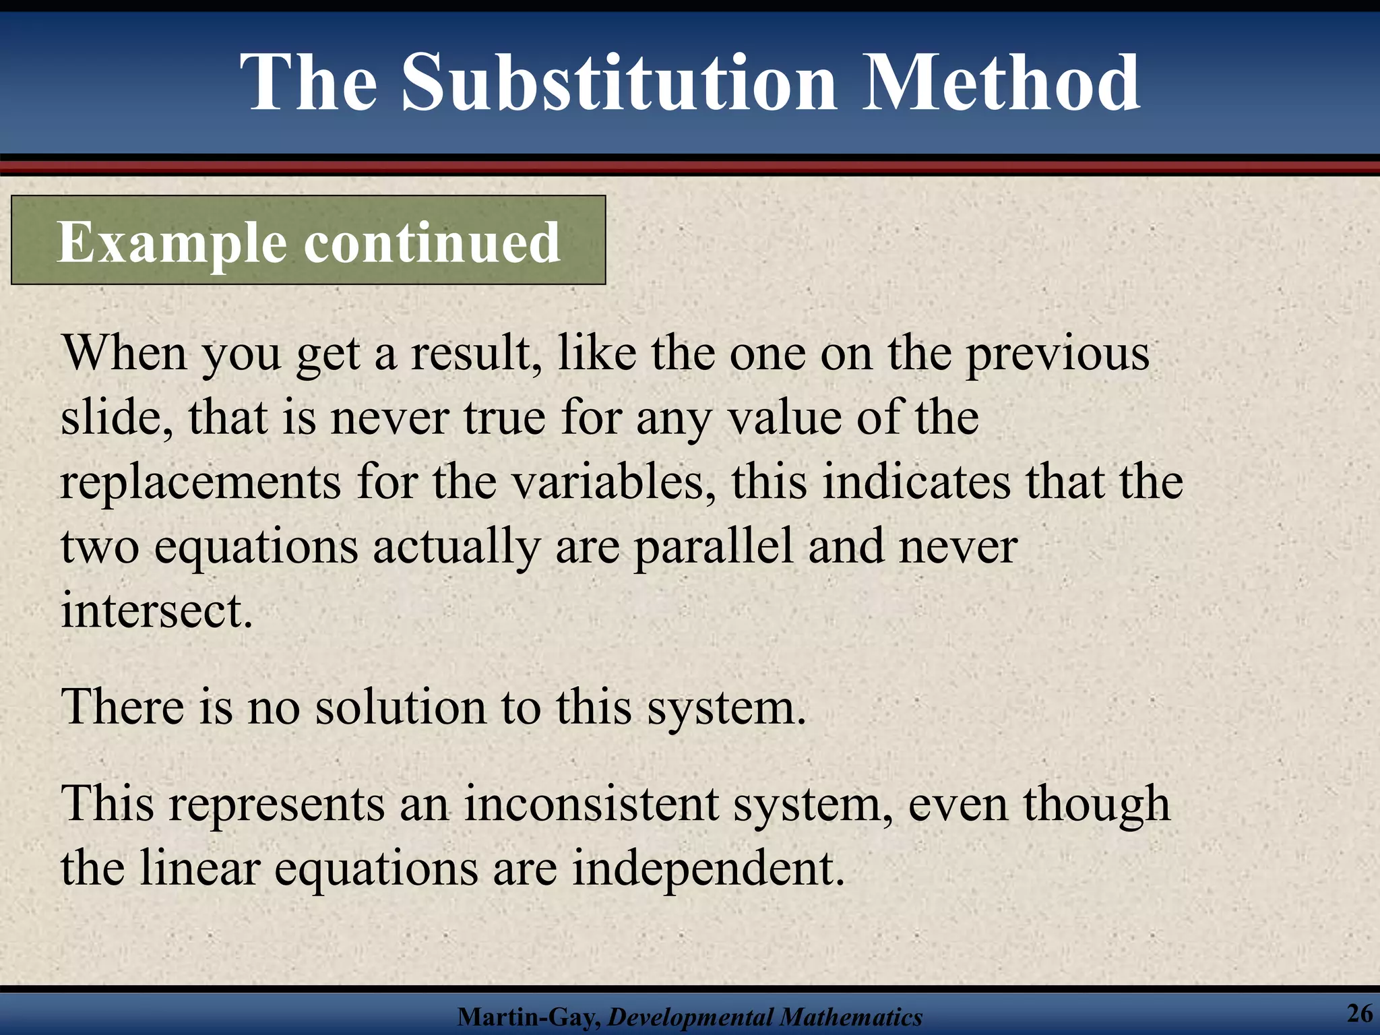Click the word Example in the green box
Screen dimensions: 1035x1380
172,243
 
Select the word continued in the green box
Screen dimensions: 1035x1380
432,243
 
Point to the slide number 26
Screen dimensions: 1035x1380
1359,1013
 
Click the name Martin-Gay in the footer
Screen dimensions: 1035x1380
528,1017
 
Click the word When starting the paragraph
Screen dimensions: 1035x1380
124,353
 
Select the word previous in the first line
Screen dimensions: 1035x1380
1058,354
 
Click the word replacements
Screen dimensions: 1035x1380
201,482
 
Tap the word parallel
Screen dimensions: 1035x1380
713,547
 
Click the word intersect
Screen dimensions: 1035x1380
156,610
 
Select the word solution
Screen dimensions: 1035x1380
400,708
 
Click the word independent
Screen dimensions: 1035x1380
708,869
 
